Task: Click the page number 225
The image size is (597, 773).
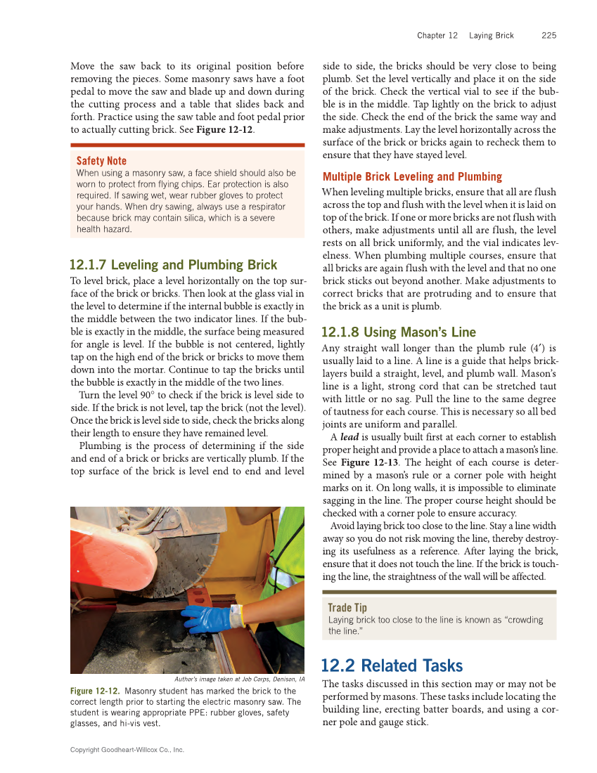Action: [x=548, y=35]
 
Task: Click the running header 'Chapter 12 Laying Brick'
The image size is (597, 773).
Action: [x=465, y=35]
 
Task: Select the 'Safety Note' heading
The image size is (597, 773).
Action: [x=101, y=161]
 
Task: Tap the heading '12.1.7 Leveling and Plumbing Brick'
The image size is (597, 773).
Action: [x=173, y=265]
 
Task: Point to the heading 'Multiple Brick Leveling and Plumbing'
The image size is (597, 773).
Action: [x=412, y=177]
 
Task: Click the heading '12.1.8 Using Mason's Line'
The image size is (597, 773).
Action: [x=398, y=332]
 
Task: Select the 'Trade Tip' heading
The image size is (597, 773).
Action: [x=347, y=607]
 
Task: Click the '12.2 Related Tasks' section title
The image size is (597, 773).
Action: [x=392, y=665]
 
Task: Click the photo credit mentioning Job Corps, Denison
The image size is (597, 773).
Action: [x=238, y=680]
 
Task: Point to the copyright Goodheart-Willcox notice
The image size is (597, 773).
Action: [x=127, y=750]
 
